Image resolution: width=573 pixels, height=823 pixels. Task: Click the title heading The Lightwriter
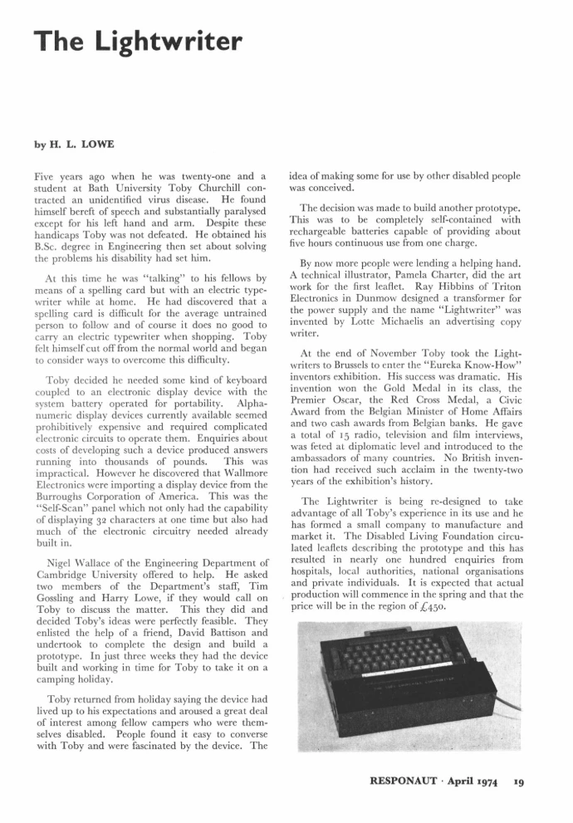coord(138,40)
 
